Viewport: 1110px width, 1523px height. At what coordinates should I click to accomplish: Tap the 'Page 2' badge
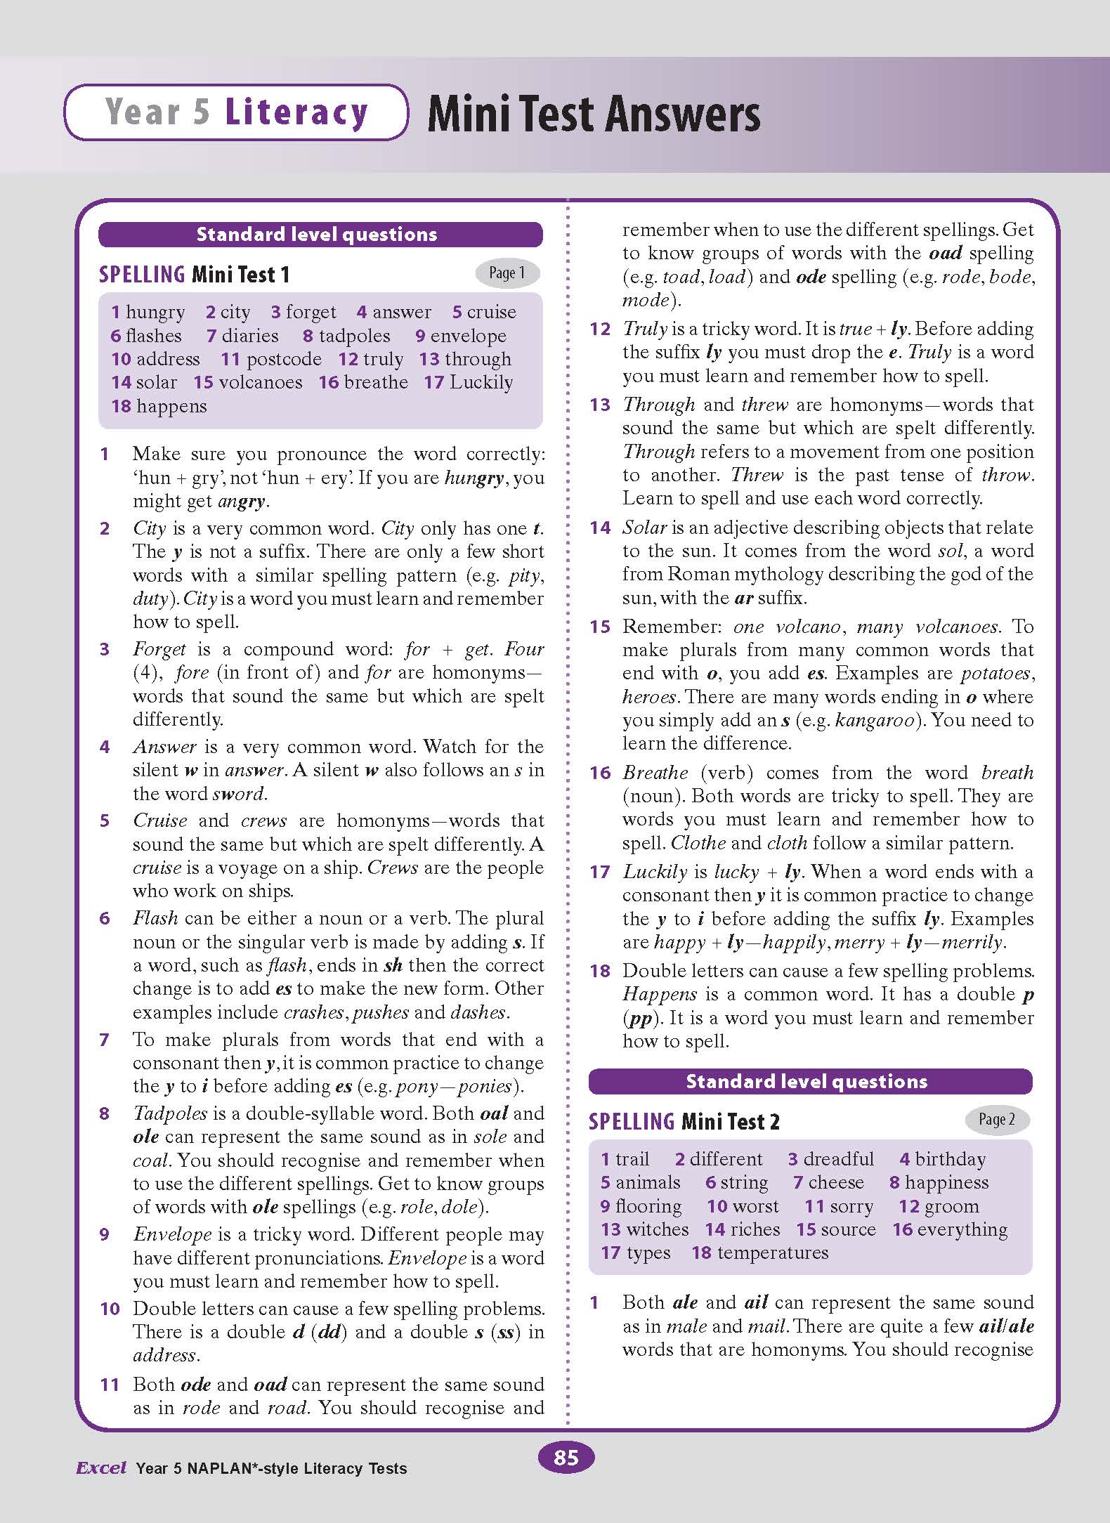click(x=997, y=1119)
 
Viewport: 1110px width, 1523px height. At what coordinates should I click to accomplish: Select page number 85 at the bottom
click(x=566, y=1458)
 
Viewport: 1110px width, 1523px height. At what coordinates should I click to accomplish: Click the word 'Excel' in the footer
click(x=101, y=1468)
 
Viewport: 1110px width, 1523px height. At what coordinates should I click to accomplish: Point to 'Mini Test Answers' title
click(x=594, y=114)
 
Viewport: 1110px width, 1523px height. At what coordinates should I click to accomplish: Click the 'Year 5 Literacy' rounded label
click(x=236, y=112)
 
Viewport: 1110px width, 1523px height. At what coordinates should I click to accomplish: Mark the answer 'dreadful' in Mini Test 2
click(x=838, y=1159)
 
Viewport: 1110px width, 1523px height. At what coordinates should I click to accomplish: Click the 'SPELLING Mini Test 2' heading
click(x=684, y=1121)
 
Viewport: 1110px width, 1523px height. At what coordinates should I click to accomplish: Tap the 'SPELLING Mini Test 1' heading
click(x=195, y=275)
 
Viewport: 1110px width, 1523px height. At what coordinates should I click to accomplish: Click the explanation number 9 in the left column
click(x=105, y=1234)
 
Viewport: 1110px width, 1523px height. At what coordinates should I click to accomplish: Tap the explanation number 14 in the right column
click(x=600, y=528)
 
